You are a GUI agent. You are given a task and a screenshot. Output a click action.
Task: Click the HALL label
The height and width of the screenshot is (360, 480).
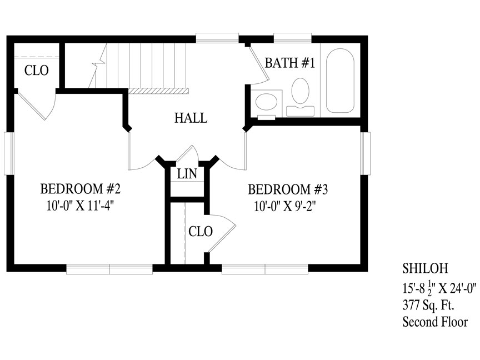[191, 118]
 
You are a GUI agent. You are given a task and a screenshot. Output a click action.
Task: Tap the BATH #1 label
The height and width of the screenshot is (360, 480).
[289, 63]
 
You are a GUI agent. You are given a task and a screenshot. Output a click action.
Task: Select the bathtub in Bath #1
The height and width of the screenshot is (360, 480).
[340, 81]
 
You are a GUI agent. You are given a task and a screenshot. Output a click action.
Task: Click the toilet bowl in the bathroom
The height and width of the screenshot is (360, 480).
[301, 91]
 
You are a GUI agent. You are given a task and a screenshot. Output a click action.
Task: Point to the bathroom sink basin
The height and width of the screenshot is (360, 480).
[266, 102]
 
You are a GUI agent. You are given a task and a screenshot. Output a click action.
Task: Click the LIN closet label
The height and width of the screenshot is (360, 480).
[187, 174]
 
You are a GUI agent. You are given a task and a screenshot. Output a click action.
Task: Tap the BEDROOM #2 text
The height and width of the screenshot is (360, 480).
[81, 189]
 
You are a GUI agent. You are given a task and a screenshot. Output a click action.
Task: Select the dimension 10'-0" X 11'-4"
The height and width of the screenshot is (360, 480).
[81, 206]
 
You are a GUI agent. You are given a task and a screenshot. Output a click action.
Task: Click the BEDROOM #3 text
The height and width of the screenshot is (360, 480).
[288, 189]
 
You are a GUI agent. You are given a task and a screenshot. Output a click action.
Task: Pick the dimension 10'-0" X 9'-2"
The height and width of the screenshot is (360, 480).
[284, 206]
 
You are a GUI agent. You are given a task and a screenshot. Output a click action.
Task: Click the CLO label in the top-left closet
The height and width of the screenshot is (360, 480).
[37, 71]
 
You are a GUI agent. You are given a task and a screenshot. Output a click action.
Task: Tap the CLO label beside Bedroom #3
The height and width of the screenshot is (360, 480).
[201, 232]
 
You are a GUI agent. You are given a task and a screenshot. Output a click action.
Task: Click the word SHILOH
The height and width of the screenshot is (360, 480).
[425, 268]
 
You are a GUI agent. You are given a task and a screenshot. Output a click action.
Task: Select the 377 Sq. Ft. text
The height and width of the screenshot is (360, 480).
[428, 305]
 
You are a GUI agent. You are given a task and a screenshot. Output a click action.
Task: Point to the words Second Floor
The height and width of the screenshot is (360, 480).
[435, 322]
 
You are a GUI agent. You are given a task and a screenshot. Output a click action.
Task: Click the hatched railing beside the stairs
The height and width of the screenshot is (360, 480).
[158, 91]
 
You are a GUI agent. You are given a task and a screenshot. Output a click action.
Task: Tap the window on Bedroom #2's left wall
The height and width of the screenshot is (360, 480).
[9, 153]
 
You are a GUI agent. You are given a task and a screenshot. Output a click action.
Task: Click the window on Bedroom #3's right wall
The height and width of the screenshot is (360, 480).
[365, 153]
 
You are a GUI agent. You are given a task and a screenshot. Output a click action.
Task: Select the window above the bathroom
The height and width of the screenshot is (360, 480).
[293, 38]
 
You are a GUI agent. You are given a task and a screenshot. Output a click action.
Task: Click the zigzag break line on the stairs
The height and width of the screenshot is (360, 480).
[98, 66]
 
